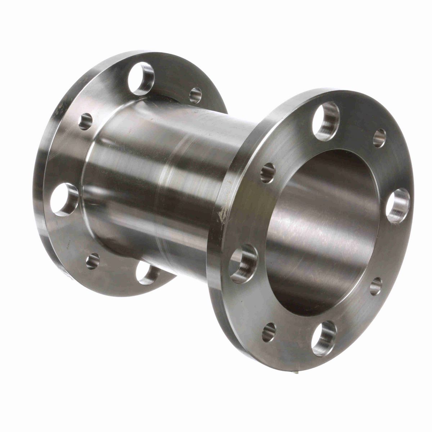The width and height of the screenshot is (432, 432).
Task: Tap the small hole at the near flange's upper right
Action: tap(379, 138)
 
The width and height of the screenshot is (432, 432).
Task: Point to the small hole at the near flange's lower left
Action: tap(269, 332)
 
